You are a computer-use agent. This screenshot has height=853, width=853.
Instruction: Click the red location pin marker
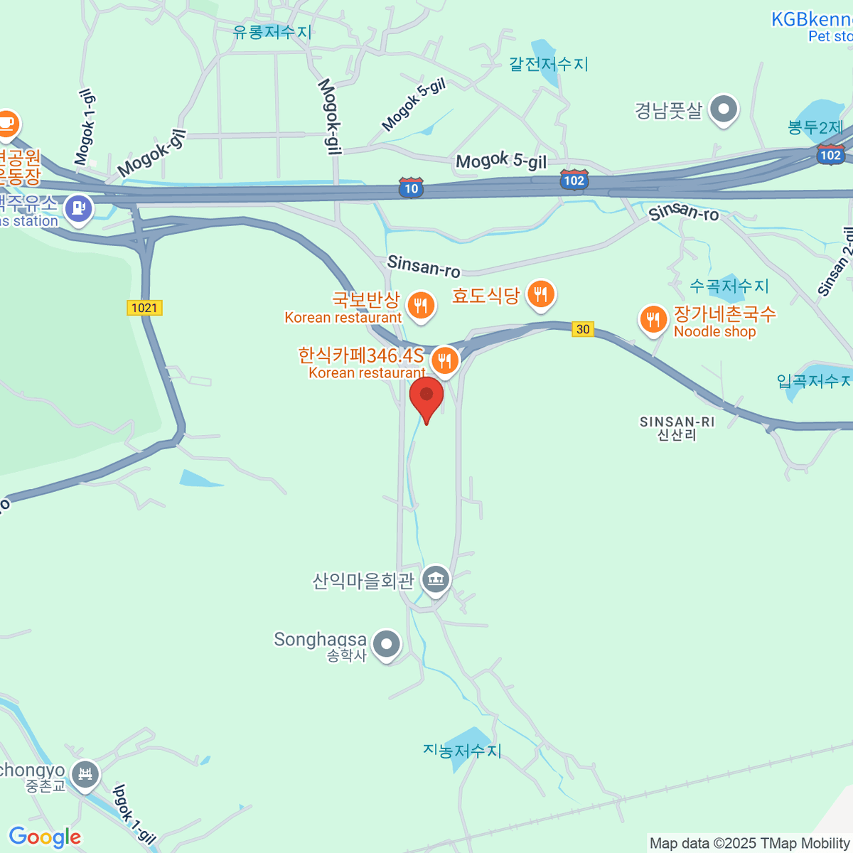tap(426, 397)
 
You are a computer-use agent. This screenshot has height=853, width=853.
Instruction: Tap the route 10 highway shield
tap(411, 188)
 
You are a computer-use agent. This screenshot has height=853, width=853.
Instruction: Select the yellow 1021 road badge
tap(144, 308)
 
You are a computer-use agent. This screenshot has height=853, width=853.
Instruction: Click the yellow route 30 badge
tap(583, 329)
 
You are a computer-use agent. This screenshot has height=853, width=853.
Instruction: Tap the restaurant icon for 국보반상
tap(421, 306)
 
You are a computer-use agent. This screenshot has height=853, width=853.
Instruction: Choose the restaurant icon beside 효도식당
tap(541, 294)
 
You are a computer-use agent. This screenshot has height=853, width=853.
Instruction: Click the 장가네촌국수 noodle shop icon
tap(653, 319)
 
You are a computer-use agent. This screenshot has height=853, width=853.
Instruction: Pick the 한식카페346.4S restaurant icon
tap(444, 360)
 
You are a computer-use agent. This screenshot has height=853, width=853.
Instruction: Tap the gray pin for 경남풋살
tap(724, 110)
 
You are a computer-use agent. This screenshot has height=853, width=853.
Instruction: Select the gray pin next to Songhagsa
tap(387, 645)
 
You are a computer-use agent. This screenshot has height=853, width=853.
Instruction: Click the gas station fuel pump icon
tap(77, 209)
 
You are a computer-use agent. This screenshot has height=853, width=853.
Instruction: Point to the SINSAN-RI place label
tap(677, 428)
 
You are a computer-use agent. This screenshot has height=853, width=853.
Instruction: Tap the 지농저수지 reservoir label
tap(462, 751)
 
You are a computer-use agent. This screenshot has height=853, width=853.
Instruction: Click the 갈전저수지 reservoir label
tap(549, 64)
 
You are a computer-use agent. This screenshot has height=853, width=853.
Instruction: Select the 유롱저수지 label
tap(272, 32)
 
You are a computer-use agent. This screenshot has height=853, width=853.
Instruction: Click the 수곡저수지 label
tap(729, 286)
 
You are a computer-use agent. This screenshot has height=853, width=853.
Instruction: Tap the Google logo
tap(45, 837)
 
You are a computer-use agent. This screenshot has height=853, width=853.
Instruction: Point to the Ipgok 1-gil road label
tap(134, 815)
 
